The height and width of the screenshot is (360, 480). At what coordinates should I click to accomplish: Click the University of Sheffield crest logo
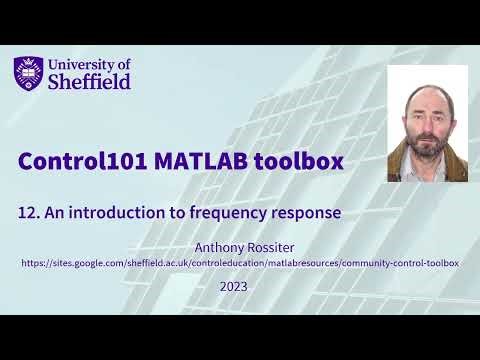29,73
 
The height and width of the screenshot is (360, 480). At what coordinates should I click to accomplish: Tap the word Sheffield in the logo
89,82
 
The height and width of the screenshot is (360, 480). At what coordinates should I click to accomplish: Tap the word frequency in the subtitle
218,212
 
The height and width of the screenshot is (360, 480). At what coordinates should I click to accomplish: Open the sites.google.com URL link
239,262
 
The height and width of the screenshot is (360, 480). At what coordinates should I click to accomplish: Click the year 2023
232,286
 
